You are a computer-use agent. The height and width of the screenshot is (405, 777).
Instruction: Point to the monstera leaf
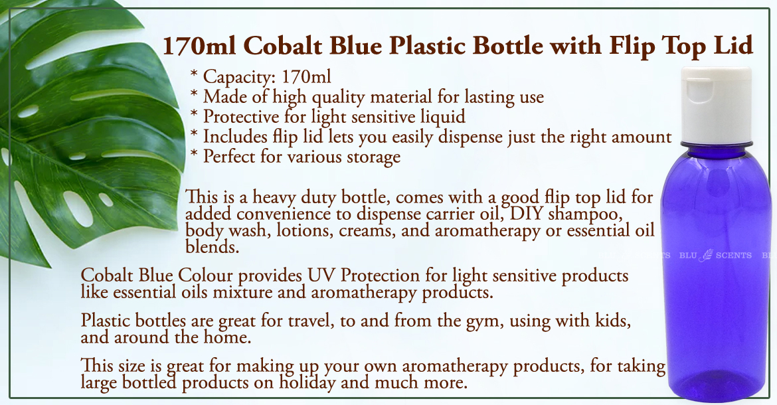pyautogui.click(x=89, y=133)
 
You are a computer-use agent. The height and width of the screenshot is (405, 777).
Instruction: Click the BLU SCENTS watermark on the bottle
pyautogui.click(x=715, y=255)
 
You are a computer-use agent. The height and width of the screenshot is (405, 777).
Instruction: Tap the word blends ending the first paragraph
pyautogui.click(x=212, y=246)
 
